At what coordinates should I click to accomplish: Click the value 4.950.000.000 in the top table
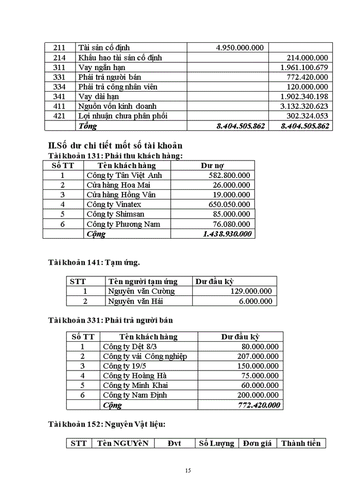[240, 48]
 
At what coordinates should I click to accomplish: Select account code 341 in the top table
[60, 96]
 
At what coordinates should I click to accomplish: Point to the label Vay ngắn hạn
[102, 67]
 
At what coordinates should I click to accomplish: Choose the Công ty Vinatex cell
[114, 204]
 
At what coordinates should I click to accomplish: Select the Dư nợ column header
[212, 166]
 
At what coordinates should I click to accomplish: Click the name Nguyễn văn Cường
[141, 291]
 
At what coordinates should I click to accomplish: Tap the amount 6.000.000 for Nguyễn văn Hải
[255, 302]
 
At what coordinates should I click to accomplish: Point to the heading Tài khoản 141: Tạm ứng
[94, 262]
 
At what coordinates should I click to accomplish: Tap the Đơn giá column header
[257, 444]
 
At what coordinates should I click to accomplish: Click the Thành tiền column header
[301, 444]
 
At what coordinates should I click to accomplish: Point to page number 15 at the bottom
[188, 470]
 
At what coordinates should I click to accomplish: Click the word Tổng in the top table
[87, 126]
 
